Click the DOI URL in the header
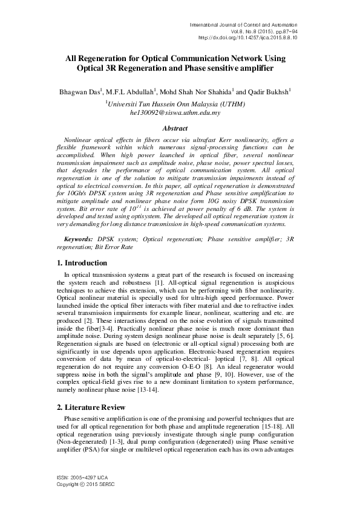click(249, 37)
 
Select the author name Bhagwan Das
click(85, 92)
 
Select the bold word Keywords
click(78, 240)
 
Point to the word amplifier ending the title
click(254, 69)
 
